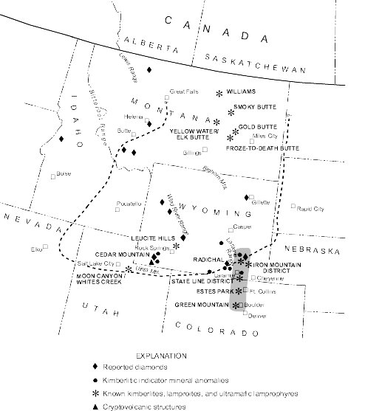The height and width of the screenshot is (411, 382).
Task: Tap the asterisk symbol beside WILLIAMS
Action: tap(219, 93)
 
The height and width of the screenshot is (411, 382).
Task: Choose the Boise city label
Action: tap(64, 174)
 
